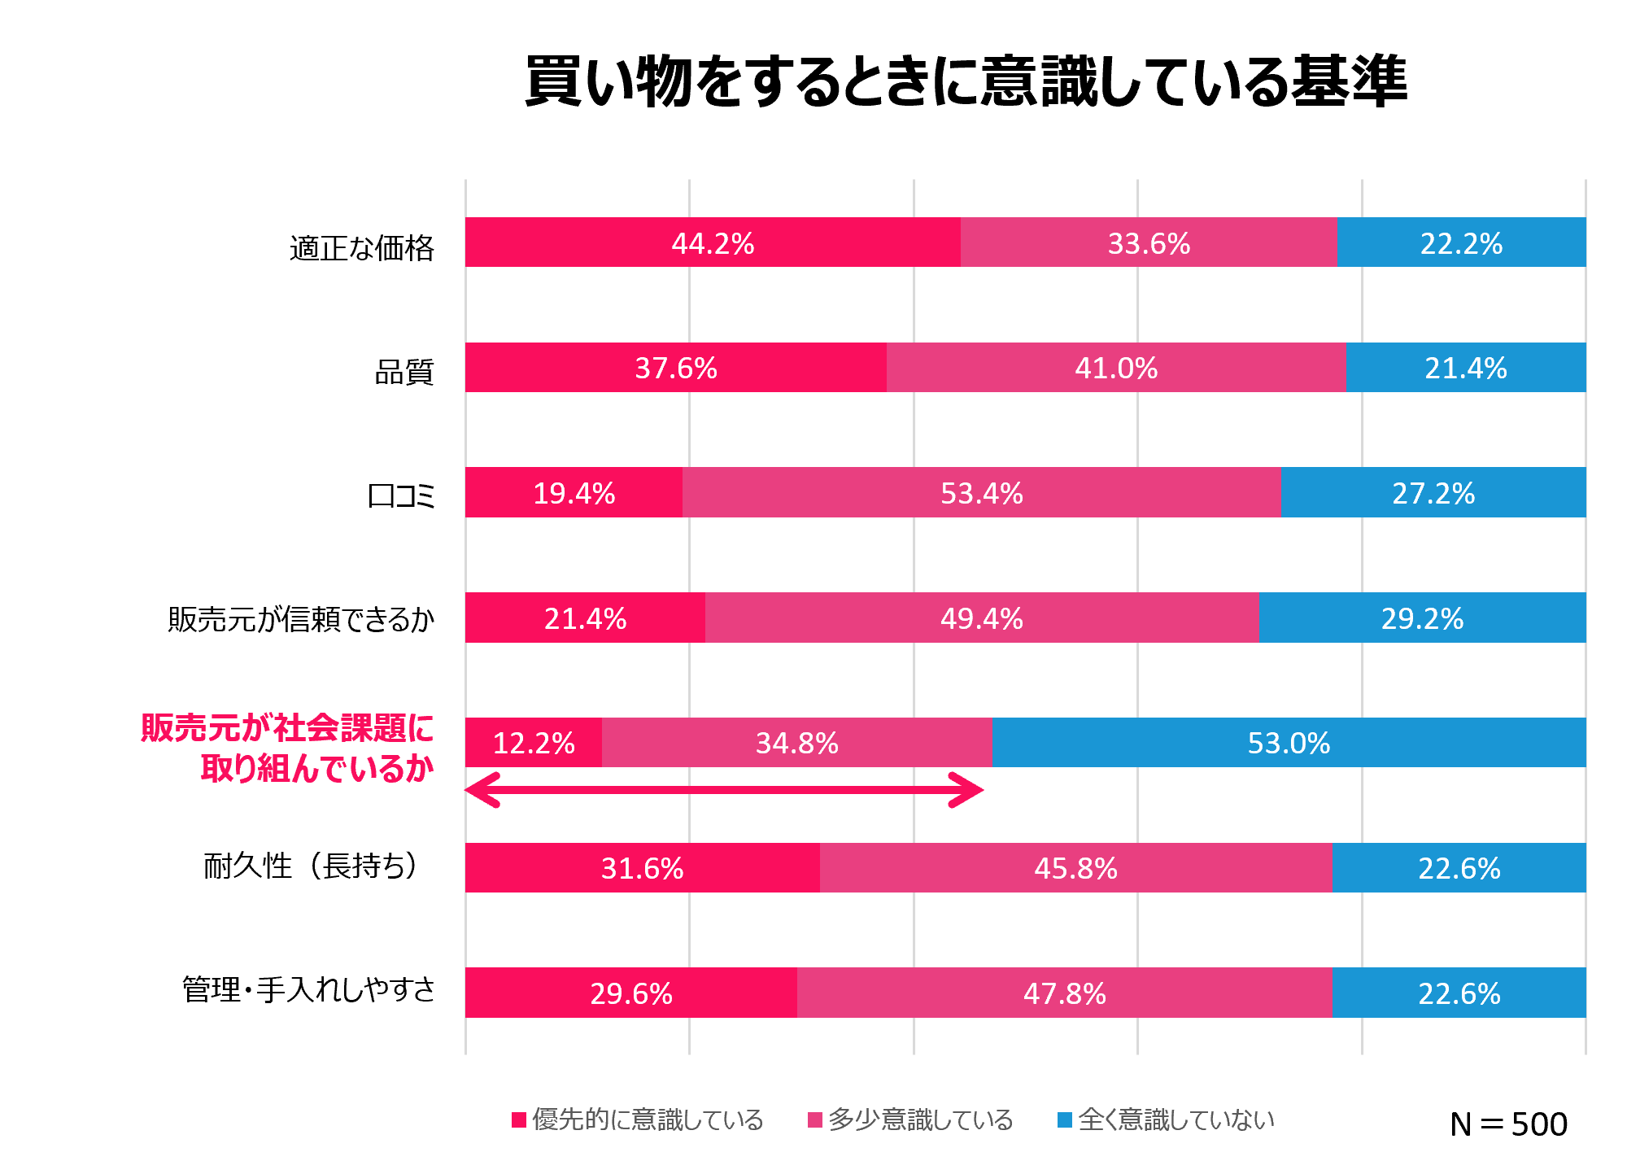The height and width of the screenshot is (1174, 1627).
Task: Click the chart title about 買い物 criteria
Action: click(x=966, y=82)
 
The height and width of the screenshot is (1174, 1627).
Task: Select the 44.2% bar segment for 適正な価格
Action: click(x=713, y=242)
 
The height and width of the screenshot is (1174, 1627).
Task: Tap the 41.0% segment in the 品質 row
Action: click(x=1116, y=368)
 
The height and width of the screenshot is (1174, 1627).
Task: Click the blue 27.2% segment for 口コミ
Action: click(x=1433, y=493)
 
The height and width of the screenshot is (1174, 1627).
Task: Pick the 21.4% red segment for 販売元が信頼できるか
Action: click(x=585, y=618)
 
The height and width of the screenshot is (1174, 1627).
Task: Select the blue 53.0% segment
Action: click(x=1289, y=743)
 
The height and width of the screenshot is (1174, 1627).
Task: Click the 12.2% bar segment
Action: click(x=534, y=743)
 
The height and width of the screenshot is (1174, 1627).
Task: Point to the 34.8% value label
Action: click(x=796, y=743)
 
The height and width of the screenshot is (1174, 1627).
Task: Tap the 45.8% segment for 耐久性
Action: click(x=1075, y=868)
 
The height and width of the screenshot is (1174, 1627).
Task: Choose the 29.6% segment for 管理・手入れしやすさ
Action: click(x=631, y=993)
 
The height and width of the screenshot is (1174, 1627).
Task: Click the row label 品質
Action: click(x=404, y=372)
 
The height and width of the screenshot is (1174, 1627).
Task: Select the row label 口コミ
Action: click(x=402, y=495)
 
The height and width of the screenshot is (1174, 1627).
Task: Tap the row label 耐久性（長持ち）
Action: click(x=312, y=866)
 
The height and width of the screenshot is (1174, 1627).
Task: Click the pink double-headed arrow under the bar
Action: click(x=724, y=790)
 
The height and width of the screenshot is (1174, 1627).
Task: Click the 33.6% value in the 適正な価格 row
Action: click(x=1149, y=242)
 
